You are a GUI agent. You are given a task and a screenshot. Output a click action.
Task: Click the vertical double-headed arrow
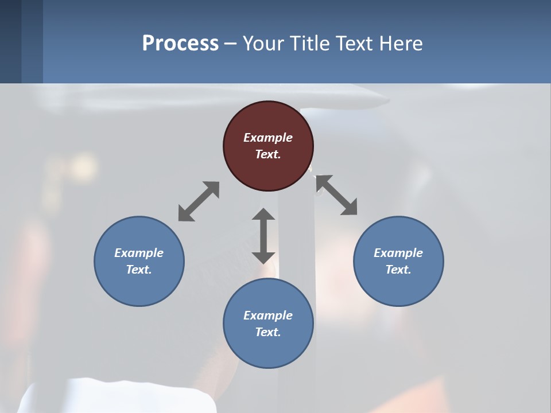tap(263, 236)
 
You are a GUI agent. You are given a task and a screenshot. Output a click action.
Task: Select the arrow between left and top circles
tap(199, 201)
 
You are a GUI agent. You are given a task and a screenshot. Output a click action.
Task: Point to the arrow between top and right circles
tap(337, 195)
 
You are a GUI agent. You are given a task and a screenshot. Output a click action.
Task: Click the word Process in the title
tap(180, 43)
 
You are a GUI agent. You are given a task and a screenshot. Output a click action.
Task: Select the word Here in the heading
tap(401, 43)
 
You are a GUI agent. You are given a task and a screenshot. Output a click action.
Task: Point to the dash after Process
tap(231, 44)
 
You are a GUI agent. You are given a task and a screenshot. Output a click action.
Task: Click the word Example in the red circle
tap(268, 138)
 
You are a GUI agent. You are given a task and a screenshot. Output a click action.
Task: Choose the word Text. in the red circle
tap(268, 154)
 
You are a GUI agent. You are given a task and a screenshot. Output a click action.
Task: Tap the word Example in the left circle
tap(139, 253)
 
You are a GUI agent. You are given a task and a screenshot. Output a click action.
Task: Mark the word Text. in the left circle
tap(139, 270)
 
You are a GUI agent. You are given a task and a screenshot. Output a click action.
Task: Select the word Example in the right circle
tap(398, 253)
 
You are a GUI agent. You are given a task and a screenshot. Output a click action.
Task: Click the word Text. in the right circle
tap(398, 270)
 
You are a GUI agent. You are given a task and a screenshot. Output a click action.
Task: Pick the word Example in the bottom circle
tap(268, 315)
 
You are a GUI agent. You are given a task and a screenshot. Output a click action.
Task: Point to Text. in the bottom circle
tap(268, 332)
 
